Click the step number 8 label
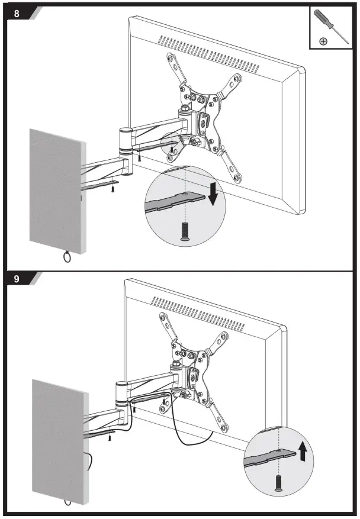pos(17,12)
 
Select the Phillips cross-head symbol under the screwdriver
pos(323,41)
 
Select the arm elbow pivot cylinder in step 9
pos(121,393)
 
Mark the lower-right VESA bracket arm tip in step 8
pos(237,176)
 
